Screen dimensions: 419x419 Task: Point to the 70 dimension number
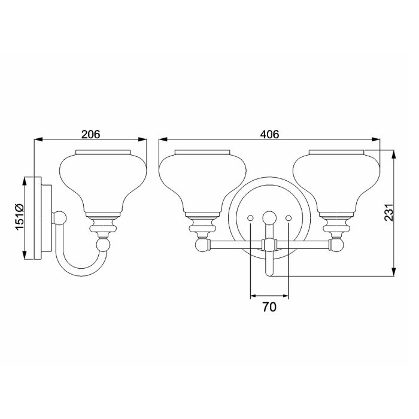tap(269, 307)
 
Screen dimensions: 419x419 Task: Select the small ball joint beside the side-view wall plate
tap(60, 218)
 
